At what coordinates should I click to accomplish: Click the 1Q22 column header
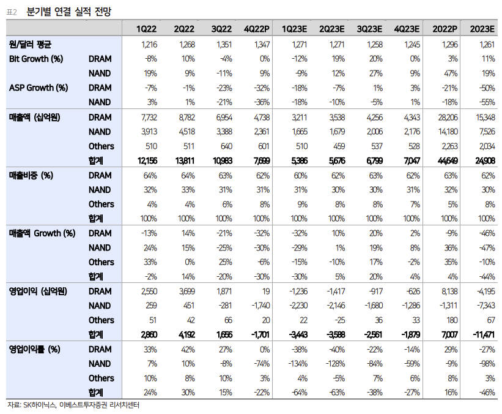146,29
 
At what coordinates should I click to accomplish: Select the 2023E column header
482,29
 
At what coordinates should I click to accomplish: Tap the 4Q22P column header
256,29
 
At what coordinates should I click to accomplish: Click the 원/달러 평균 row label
30,44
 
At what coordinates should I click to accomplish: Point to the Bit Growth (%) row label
36,59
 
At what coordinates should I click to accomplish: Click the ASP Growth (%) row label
39,88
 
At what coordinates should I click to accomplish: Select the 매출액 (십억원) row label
35,118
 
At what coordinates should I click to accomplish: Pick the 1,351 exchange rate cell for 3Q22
224,44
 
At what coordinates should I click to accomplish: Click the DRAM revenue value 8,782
186,118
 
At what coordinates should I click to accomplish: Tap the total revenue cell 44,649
448,160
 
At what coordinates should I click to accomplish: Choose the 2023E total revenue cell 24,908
485,160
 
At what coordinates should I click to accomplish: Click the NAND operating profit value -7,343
485,306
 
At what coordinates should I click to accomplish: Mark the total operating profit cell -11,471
484,335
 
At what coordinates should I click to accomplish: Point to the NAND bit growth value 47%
451,73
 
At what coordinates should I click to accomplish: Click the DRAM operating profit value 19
266,291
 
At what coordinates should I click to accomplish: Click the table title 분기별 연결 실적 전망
69,12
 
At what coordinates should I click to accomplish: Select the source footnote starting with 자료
73,405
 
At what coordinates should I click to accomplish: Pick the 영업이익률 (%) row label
35,349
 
